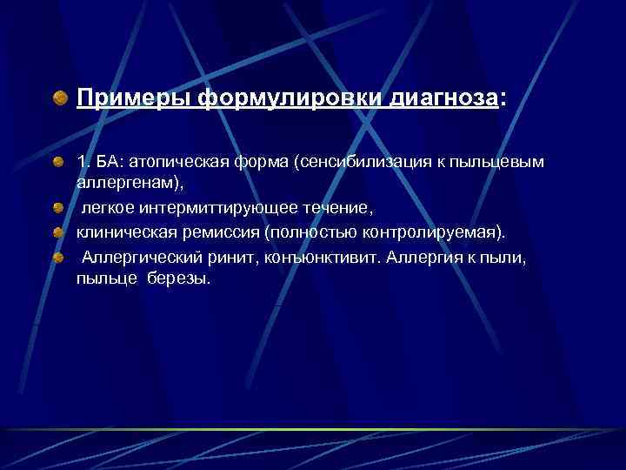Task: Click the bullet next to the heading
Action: [x=59, y=97]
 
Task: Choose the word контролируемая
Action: [x=430, y=232]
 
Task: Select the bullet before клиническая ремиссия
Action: [x=60, y=233]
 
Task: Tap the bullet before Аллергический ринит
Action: [x=60, y=258]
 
